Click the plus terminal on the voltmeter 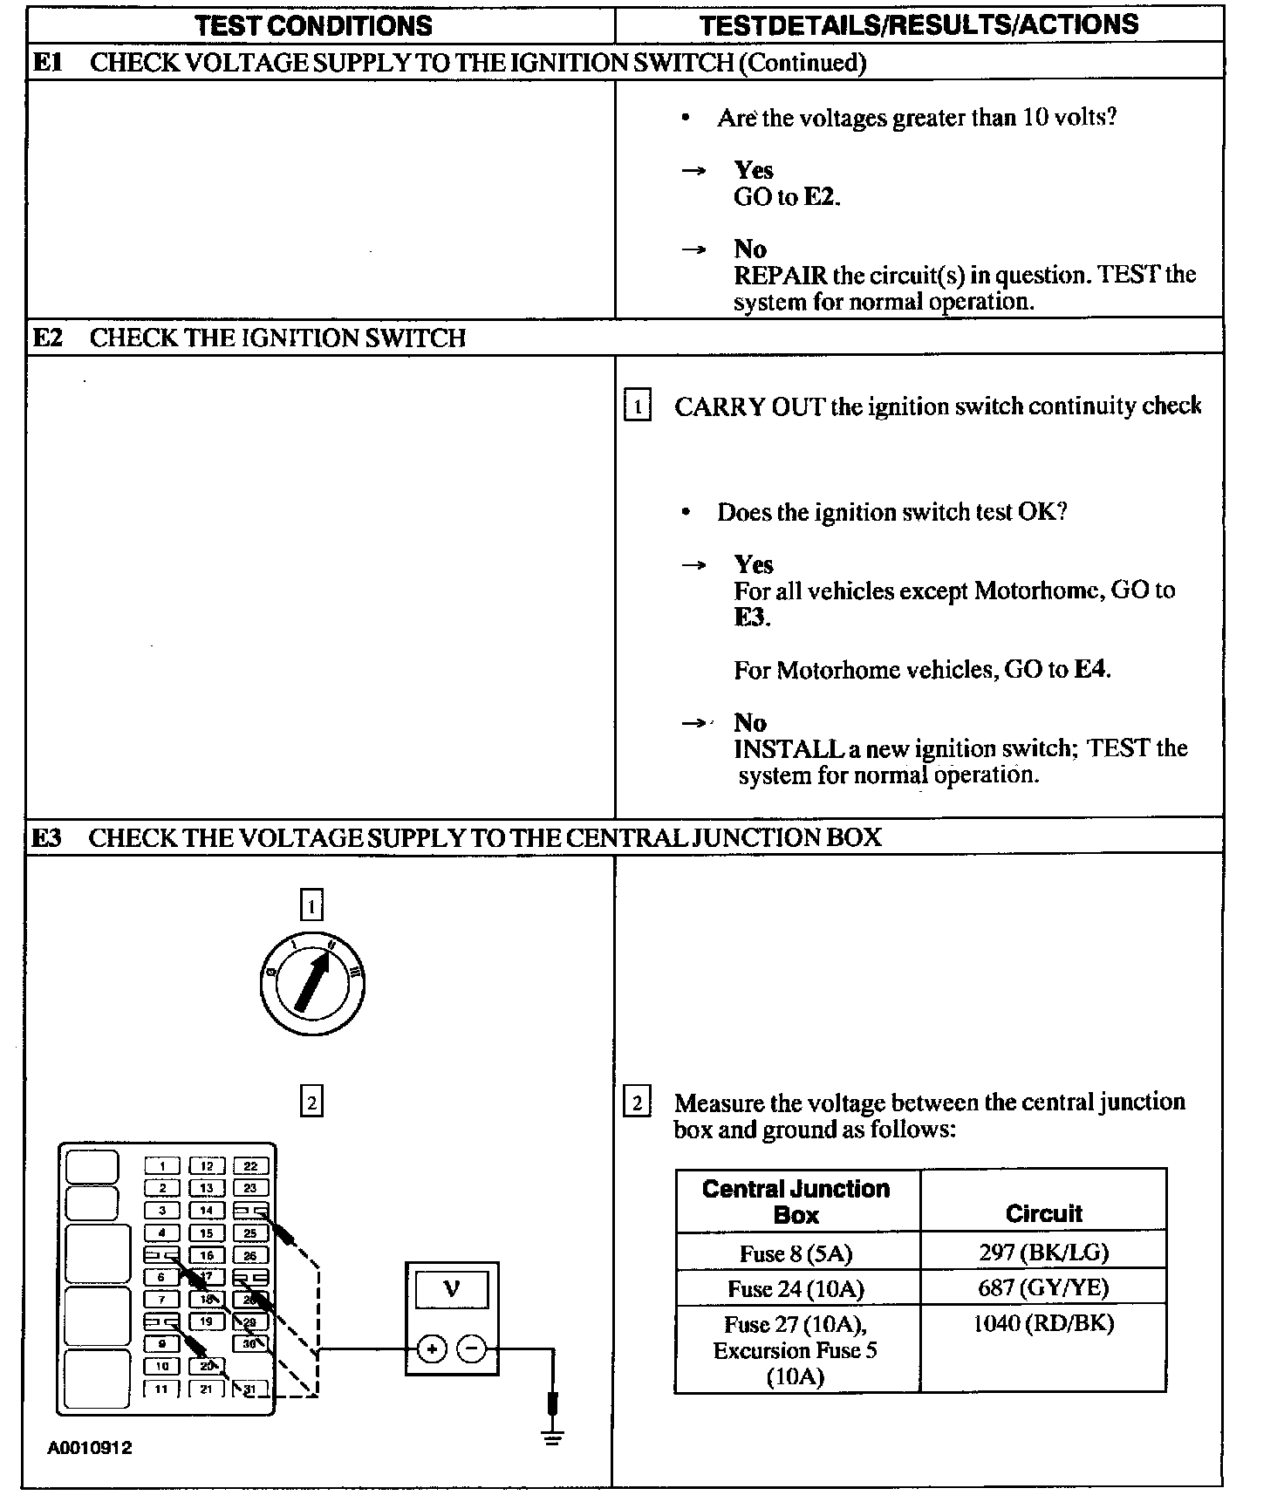431,1349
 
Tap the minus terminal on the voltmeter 471,1349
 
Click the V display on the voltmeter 451,1288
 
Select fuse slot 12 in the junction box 207,1166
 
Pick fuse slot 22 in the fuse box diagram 250,1166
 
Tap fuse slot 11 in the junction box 161,1389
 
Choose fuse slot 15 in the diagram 207,1233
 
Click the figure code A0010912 90,1448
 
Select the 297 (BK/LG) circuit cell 1043,1253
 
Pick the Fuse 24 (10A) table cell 796,1288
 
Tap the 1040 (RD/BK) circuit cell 1043,1324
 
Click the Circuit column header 1043,1213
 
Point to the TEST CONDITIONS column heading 314,25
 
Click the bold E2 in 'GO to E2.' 820,197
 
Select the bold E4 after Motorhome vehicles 1090,670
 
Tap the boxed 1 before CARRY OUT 638,406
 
